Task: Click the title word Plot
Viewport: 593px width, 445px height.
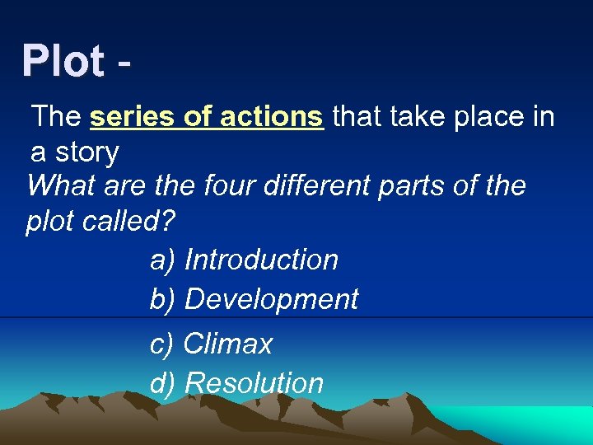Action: (63, 61)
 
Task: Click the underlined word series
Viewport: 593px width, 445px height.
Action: (133, 117)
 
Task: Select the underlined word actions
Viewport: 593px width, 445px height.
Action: (276, 117)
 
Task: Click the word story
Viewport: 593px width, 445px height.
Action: (86, 152)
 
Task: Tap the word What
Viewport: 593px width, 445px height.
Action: (62, 185)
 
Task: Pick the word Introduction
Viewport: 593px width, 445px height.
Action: (261, 260)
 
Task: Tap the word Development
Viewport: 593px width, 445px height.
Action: (271, 299)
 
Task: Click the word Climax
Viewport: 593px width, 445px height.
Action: (228, 344)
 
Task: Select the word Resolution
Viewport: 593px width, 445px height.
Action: (254, 383)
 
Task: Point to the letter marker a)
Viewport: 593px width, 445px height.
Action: (162, 260)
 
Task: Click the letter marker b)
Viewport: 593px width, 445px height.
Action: (162, 299)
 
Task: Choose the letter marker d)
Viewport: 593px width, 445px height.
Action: (162, 383)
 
